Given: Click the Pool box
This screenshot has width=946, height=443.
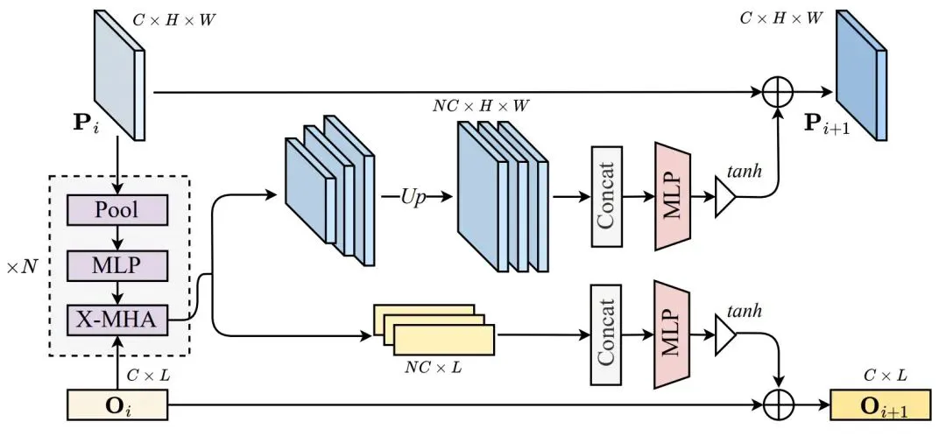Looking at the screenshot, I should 116,211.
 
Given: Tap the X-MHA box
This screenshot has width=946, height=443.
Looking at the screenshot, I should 116,321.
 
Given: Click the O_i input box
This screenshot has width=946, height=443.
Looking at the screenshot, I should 116,406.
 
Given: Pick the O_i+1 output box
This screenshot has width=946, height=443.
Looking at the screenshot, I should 883,406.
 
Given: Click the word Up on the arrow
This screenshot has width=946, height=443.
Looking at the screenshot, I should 413,197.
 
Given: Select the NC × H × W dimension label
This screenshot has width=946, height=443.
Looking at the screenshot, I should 482,105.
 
